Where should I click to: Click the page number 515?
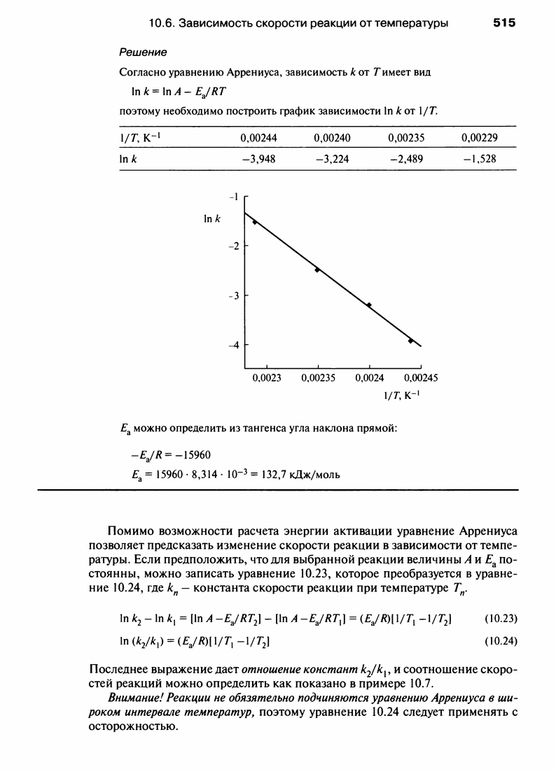(x=503, y=23)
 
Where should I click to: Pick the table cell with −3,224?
(x=332, y=159)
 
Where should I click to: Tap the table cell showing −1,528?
(x=480, y=159)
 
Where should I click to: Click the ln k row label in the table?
(x=127, y=159)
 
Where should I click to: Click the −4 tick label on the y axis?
(x=235, y=345)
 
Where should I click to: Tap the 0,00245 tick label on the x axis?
(x=420, y=378)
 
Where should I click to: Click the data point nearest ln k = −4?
(x=411, y=341)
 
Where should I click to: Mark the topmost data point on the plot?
(x=255, y=223)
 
